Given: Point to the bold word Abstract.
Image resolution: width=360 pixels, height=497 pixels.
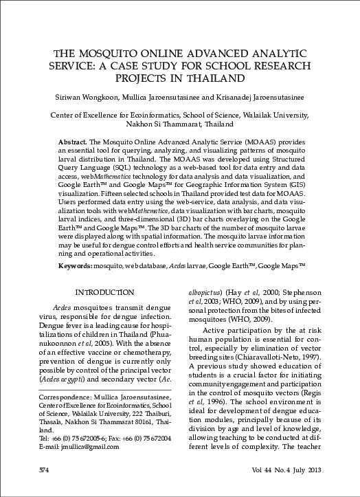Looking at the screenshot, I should click(x=71, y=140).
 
